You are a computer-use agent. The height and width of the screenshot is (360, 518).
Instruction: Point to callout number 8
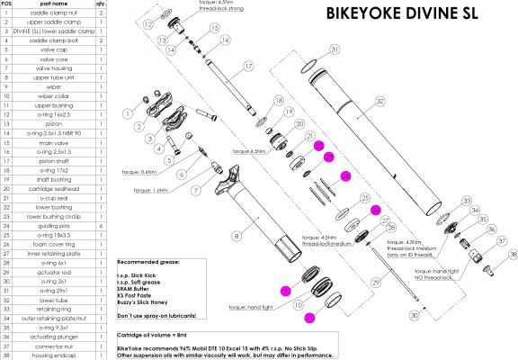[x=237, y=236]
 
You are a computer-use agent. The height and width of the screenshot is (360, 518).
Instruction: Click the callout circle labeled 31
[x=335, y=49]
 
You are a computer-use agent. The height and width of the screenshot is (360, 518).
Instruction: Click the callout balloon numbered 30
[x=414, y=317]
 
